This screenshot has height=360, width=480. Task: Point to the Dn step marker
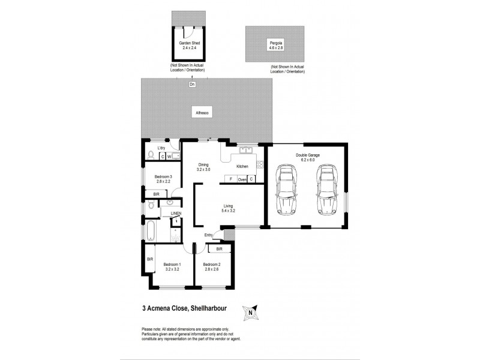point(192,84)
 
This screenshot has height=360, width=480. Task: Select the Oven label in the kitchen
point(242,179)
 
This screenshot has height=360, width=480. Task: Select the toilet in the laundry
point(151,156)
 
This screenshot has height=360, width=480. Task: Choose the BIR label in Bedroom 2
point(219,248)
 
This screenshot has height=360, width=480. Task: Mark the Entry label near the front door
point(208,235)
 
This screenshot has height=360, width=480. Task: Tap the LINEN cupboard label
point(176,214)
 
